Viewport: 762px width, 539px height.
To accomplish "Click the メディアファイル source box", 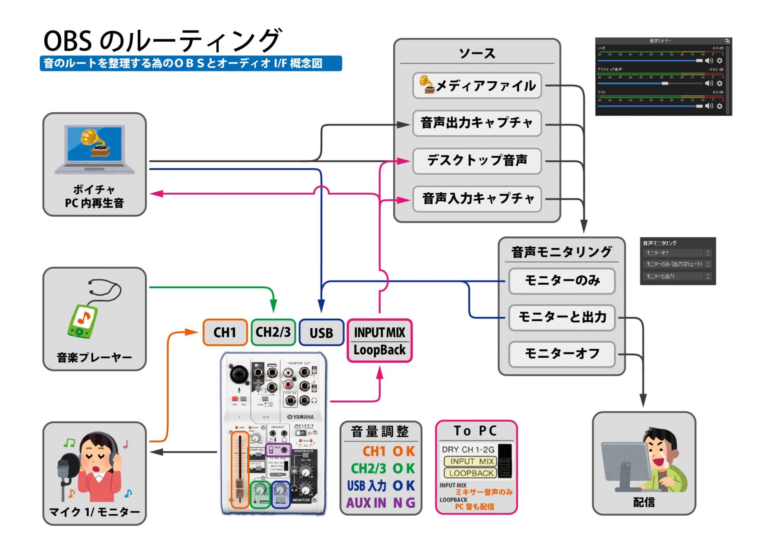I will (x=477, y=85).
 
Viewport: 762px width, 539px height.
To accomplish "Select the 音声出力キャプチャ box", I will (x=477, y=123).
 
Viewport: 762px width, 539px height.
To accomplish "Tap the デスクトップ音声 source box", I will (x=477, y=161).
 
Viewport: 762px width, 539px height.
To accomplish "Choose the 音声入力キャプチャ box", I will (x=477, y=198).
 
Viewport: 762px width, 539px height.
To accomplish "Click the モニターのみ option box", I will (x=562, y=281).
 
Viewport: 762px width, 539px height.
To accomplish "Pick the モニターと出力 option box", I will (x=562, y=317).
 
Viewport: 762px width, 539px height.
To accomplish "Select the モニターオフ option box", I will (x=562, y=354).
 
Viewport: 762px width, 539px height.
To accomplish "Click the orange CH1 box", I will (x=225, y=332).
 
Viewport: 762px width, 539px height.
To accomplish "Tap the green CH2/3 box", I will (x=273, y=332).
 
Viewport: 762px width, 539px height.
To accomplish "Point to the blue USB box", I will (x=321, y=333).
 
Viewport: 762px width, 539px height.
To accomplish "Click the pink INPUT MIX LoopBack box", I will (x=379, y=341).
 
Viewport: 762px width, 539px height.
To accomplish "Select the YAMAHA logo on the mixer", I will (x=300, y=417).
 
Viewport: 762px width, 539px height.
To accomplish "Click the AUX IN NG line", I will (x=380, y=503).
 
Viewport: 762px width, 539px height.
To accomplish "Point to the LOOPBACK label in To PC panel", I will (x=471, y=473).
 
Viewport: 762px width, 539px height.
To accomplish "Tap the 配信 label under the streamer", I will (x=643, y=502).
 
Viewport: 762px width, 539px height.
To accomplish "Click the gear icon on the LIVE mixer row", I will (x=720, y=60).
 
